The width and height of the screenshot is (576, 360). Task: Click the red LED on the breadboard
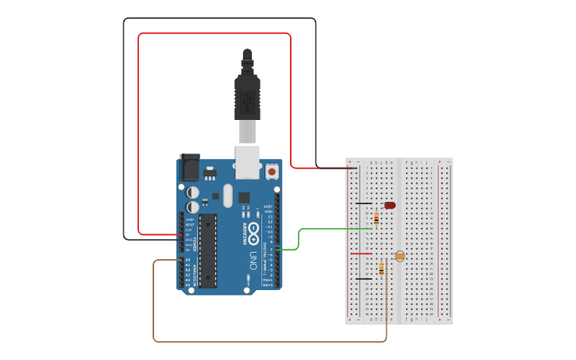[x=389, y=205]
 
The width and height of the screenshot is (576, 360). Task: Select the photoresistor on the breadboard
[x=399, y=256]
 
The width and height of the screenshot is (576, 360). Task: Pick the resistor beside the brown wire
[x=381, y=269]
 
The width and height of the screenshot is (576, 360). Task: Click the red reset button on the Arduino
[x=272, y=171]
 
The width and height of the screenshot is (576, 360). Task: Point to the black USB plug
[x=247, y=95]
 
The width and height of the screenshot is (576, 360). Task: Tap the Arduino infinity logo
[x=253, y=233]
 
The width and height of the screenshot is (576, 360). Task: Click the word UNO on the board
[x=253, y=260]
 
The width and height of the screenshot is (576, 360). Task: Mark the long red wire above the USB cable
[x=215, y=33]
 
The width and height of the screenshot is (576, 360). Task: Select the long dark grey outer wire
[x=219, y=18]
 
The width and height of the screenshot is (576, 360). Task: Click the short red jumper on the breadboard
[x=361, y=254]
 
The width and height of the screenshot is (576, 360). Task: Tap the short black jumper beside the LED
[x=364, y=203]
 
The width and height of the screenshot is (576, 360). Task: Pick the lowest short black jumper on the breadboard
[x=364, y=279]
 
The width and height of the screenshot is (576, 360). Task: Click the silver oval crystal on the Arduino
[x=228, y=195]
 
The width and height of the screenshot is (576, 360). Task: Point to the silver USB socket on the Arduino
[x=247, y=161]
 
